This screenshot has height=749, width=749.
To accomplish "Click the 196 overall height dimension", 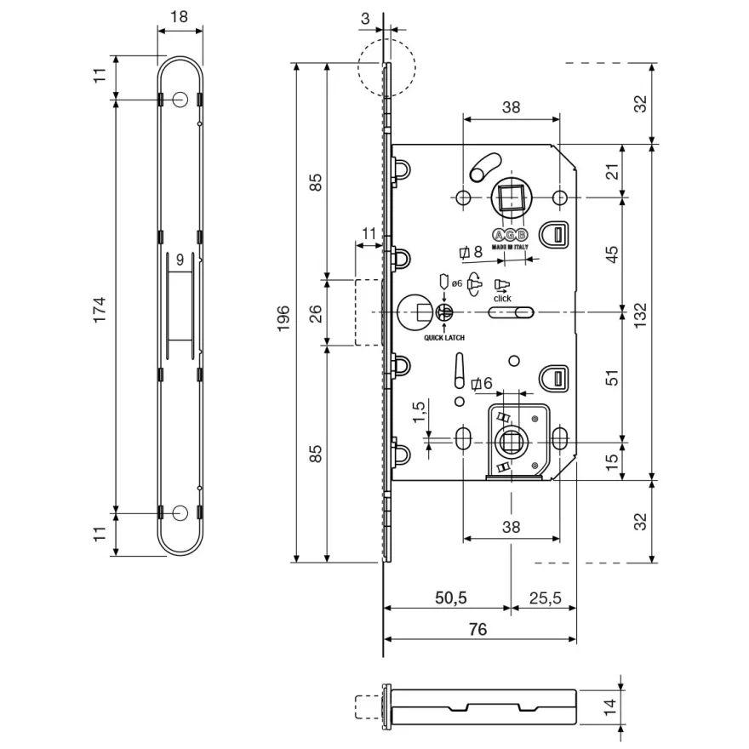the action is (283, 318).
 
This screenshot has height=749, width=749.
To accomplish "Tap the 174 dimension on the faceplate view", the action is (100, 310).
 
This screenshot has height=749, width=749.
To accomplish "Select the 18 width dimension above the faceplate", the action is (179, 17).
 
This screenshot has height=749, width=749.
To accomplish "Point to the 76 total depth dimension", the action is (477, 629).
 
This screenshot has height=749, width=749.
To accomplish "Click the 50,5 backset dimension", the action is (450, 597).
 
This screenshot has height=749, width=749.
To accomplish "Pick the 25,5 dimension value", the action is (545, 597).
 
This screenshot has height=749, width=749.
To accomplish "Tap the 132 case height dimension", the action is (640, 315).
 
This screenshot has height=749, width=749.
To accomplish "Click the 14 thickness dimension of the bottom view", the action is (610, 707).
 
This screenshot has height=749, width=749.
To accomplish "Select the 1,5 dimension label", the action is (418, 412).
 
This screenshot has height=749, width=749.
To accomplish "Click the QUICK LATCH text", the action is (444, 338).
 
